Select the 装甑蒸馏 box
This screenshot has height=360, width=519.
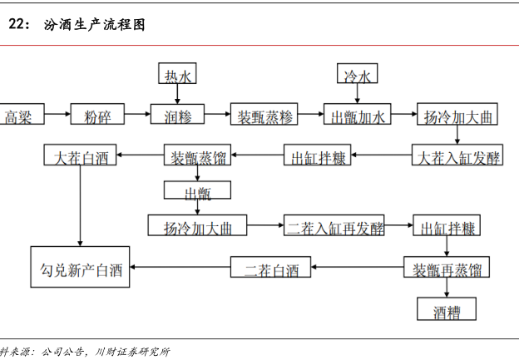199,156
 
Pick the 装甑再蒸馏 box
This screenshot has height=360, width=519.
447,269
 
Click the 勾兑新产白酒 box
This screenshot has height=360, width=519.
81,269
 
